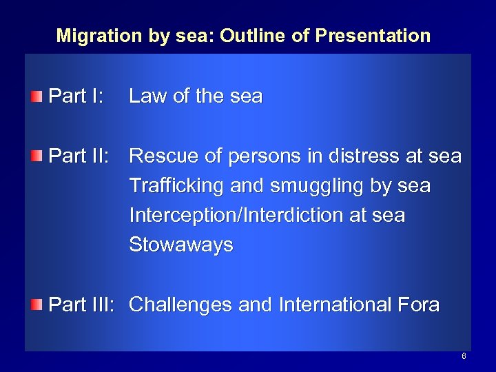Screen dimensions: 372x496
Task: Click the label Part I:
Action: tap(75, 96)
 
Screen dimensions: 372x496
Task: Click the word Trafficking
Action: tap(173, 187)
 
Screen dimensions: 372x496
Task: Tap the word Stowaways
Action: tap(181, 245)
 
